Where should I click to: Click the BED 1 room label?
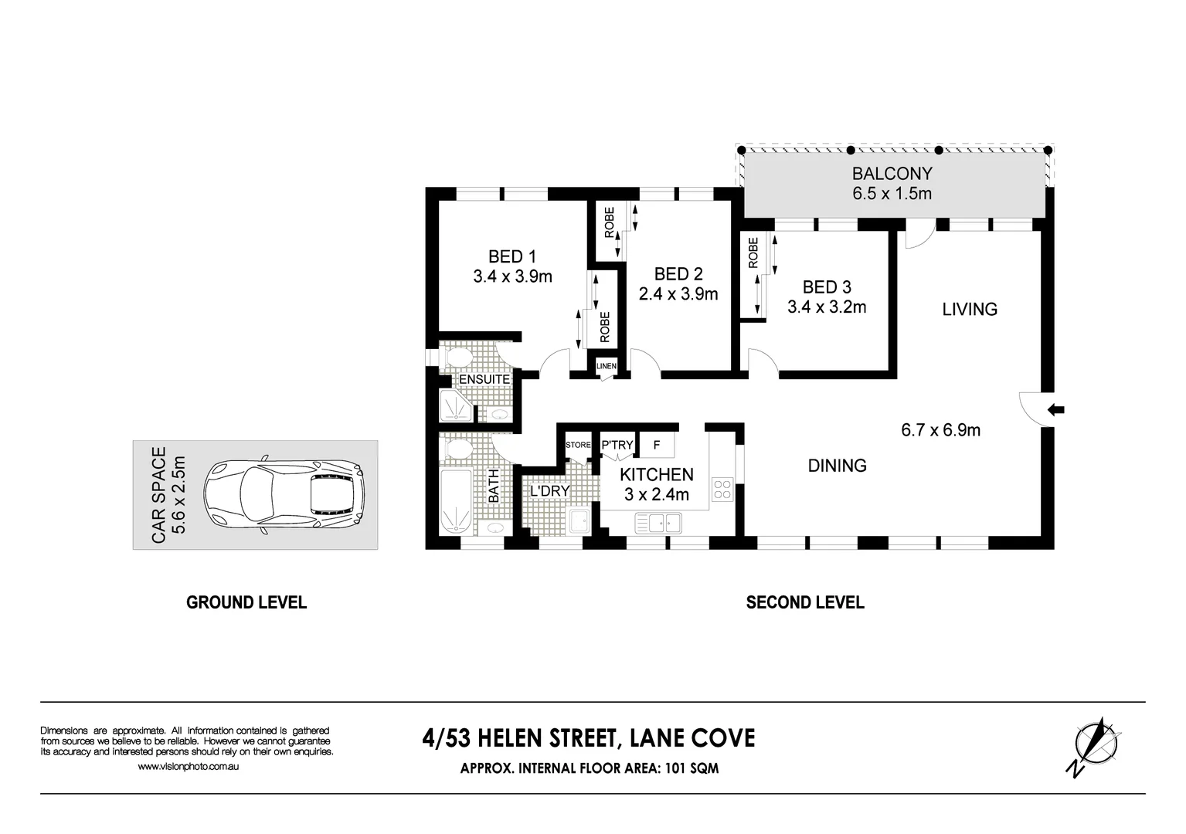[511, 257]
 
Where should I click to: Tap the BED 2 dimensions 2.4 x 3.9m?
[678, 294]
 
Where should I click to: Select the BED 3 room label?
[826, 288]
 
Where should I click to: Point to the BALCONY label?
[892, 175]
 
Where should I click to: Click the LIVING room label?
[969, 310]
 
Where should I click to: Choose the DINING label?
[837, 466]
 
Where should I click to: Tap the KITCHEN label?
[656, 475]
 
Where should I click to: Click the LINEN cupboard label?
[606, 366]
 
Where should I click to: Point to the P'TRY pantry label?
[617, 445]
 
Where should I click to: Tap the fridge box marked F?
[657, 445]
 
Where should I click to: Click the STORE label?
[578, 445]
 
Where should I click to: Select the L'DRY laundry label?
[549, 490]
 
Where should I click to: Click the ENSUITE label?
[484, 380]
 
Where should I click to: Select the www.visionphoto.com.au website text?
[189, 767]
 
